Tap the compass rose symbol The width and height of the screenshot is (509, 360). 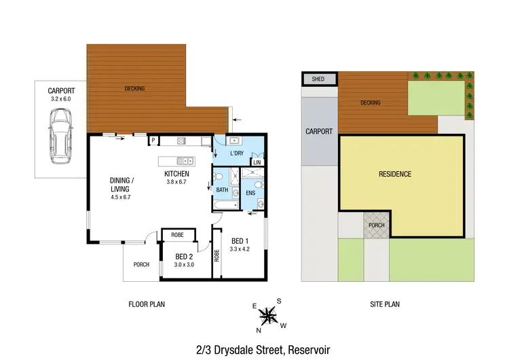269,315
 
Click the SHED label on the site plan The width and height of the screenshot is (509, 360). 318,79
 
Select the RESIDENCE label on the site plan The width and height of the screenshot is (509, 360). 394,175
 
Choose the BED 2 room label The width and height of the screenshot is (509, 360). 185,256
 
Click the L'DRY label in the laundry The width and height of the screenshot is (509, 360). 236,154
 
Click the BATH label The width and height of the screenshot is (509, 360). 222,190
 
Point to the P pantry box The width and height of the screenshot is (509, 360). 154,141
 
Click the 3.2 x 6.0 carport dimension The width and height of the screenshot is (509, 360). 60,99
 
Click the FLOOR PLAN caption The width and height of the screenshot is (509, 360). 147,304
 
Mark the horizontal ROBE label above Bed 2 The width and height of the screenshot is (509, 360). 177,234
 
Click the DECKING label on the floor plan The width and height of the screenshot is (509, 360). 135,88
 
